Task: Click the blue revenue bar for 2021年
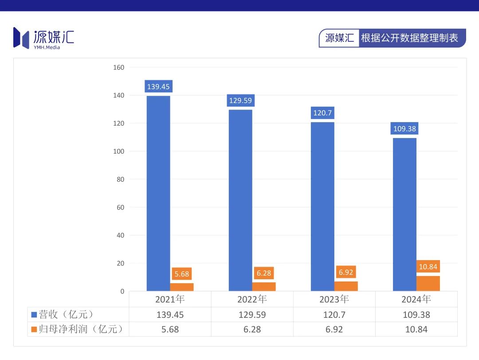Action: [x=158, y=193]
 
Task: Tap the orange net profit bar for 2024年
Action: [x=428, y=284]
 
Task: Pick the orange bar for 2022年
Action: [x=264, y=287]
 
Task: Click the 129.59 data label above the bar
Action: [x=240, y=100]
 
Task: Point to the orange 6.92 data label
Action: [x=346, y=272]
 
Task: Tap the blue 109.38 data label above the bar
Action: [x=404, y=129]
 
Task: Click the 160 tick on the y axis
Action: [x=119, y=67]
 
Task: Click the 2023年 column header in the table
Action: [x=334, y=299]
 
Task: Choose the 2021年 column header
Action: [x=170, y=299]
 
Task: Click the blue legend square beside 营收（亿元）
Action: [x=34, y=315]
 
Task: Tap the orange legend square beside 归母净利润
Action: [x=34, y=329]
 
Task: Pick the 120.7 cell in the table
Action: [x=334, y=315]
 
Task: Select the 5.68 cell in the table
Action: [x=170, y=329]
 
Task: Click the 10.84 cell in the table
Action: [x=416, y=329]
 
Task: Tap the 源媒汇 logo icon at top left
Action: [x=21, y=37]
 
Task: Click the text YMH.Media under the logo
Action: [x=47, y=47]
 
